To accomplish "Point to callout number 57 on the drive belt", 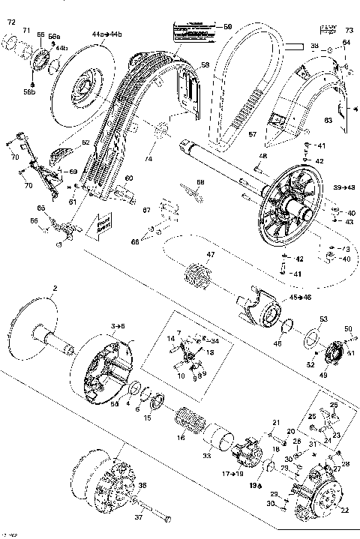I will pos(253,134).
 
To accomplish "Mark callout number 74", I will pos(148,160).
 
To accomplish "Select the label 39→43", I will pos(346,186).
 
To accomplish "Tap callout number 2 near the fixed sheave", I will pos(54,288).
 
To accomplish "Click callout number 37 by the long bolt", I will pos(138,517).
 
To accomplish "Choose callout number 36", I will pos(142,485).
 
